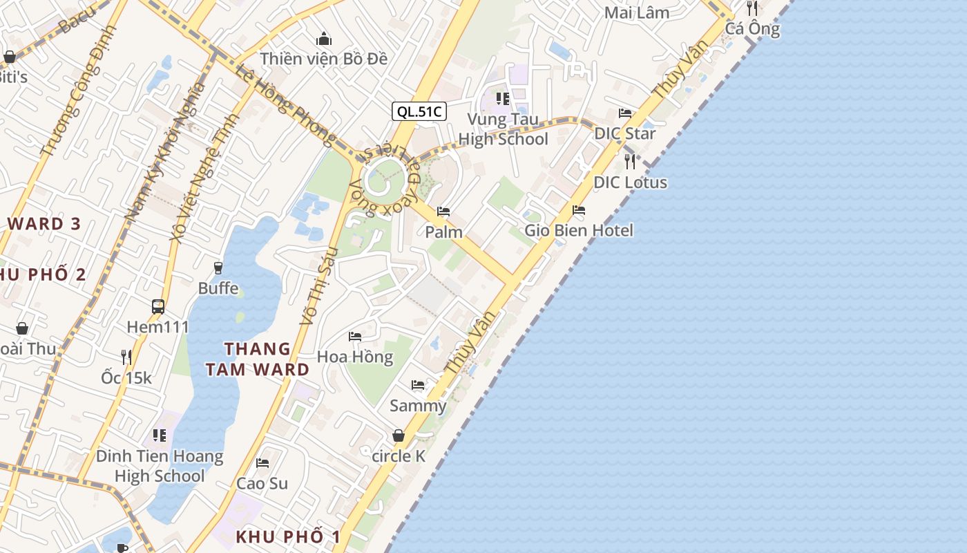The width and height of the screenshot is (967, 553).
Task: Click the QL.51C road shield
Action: [419, 111]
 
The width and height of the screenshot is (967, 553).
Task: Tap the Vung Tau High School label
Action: [503, 129]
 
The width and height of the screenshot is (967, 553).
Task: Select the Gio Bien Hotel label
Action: [579, 230]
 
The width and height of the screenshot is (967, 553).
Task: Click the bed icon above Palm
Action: [443, 212]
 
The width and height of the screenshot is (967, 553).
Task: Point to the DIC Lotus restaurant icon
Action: [630, 162]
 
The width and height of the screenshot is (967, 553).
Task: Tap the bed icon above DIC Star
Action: [625, 113]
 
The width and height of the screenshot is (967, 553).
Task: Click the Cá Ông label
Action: [752, 29]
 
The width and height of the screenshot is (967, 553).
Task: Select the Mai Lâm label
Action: [637, 12]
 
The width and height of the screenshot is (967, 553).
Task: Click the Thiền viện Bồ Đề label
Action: [324, 59]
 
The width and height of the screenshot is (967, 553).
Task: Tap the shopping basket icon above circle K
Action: [399, 435]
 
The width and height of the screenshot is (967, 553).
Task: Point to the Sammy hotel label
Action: [418, 406]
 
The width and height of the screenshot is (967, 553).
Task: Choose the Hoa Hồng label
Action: [355, 357]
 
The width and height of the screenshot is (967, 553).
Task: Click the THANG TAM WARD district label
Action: [258, 359]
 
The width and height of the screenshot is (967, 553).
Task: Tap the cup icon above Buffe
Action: [218, 268]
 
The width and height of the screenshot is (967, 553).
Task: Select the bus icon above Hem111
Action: [158, 306]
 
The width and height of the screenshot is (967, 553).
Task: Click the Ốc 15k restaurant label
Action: [126, 377]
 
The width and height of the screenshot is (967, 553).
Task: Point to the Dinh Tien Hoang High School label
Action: [160, 466]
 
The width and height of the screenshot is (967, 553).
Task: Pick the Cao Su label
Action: [262, 483]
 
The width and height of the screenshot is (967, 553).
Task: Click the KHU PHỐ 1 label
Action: [288, 536]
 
